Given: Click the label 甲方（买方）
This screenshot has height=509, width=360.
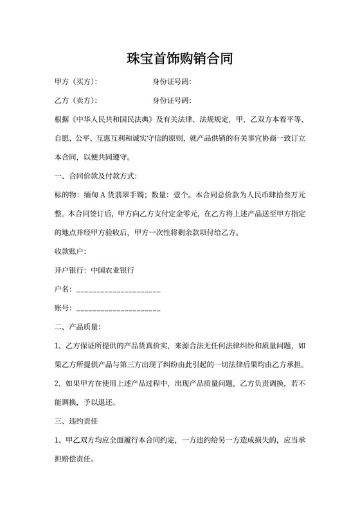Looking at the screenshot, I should tap(75, 82).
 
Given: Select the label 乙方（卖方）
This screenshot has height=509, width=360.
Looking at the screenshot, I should tap(75, 101).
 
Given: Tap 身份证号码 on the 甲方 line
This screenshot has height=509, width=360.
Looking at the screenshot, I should tap(171, 82).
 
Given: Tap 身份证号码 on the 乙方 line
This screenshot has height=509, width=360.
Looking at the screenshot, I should tap(171, 101).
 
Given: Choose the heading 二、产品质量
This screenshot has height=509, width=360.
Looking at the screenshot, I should tap(77, 327).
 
